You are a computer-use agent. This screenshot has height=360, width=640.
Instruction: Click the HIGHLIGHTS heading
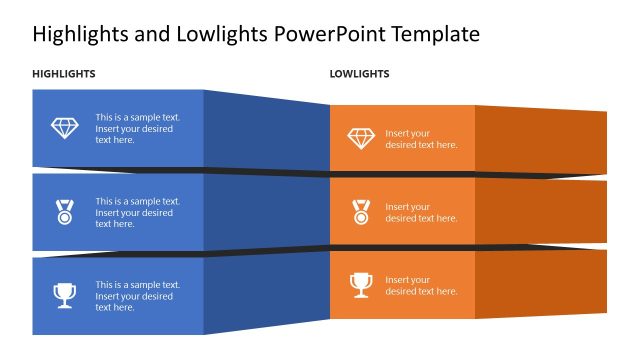click(64, 74)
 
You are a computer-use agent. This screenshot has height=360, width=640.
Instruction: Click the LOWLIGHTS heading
click(359, 74)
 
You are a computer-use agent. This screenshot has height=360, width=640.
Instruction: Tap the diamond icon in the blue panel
click(64, 128)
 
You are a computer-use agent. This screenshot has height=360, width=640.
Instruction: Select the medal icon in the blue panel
click(64, 212)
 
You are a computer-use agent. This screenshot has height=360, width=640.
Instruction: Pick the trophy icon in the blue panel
click(64, 295)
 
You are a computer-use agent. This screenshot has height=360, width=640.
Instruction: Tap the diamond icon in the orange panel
click(361, 138)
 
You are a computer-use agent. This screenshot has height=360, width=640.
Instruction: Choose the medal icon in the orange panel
click(361, 212)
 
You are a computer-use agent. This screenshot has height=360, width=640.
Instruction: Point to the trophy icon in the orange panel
click(361, 285)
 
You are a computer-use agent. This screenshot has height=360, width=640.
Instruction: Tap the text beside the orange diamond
click(421, 139)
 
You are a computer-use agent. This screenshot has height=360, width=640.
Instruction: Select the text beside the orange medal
click(421, 213)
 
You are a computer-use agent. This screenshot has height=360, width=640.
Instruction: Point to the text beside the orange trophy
click(421, 286)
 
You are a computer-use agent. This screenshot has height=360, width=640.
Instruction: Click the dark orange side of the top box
click(540, 138)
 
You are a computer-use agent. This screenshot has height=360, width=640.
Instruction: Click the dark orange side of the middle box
click(540, 212)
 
